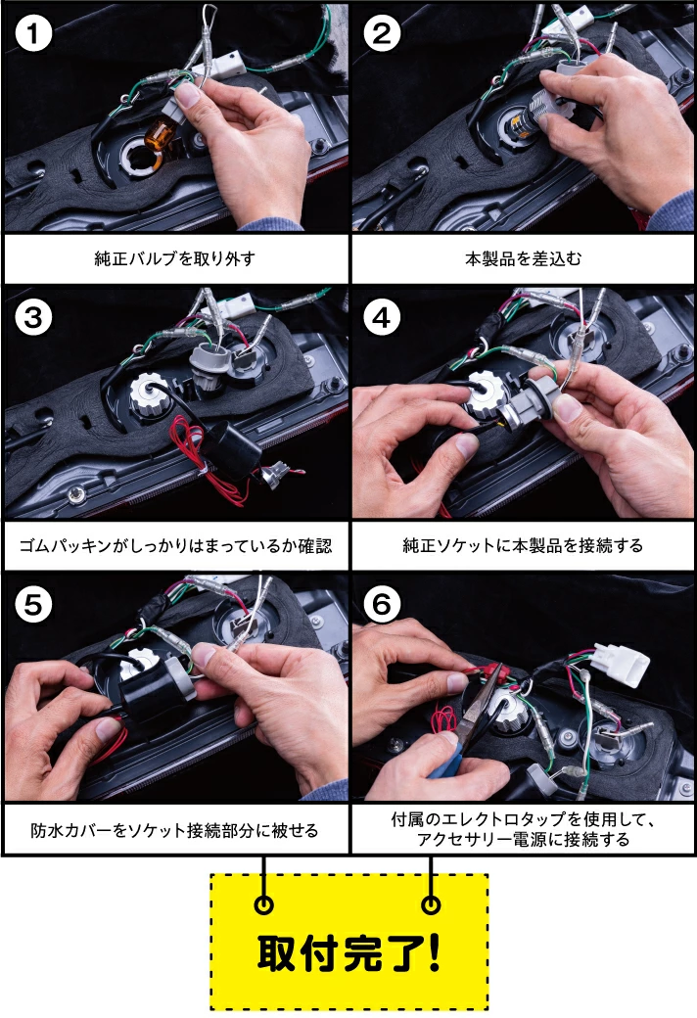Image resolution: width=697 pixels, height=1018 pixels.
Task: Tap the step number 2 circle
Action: [382, 35]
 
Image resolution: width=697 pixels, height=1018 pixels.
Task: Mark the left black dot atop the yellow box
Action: [263, 904]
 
